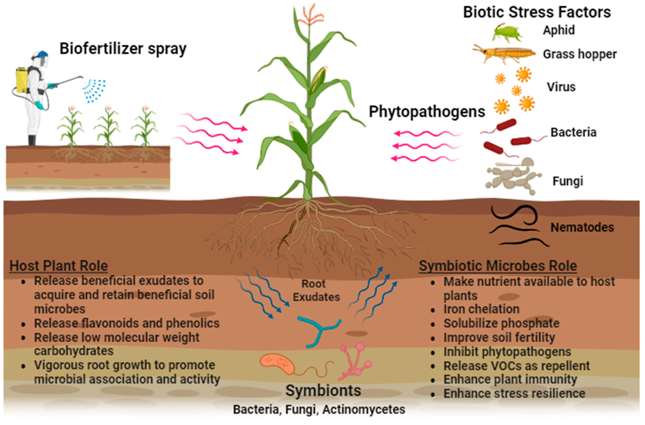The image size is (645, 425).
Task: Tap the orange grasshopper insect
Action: (505, 54)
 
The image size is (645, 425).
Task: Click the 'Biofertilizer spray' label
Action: (123, 49)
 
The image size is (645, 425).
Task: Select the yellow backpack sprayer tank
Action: (21, 80)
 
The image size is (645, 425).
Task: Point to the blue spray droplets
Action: (94, 90)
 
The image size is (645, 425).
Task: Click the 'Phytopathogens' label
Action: (427, 112)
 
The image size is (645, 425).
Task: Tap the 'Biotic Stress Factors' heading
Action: (537, 12)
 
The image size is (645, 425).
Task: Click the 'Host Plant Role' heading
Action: (59, 266)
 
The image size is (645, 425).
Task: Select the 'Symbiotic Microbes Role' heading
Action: (498, 266)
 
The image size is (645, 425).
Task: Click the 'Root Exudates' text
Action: (316, 290)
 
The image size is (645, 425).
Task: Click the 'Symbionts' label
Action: (323, 390)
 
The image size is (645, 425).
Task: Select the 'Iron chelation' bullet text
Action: (481, 309)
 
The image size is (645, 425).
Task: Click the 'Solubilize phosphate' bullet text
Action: (501, 323)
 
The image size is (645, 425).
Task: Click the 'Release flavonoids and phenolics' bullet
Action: (126, 323)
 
